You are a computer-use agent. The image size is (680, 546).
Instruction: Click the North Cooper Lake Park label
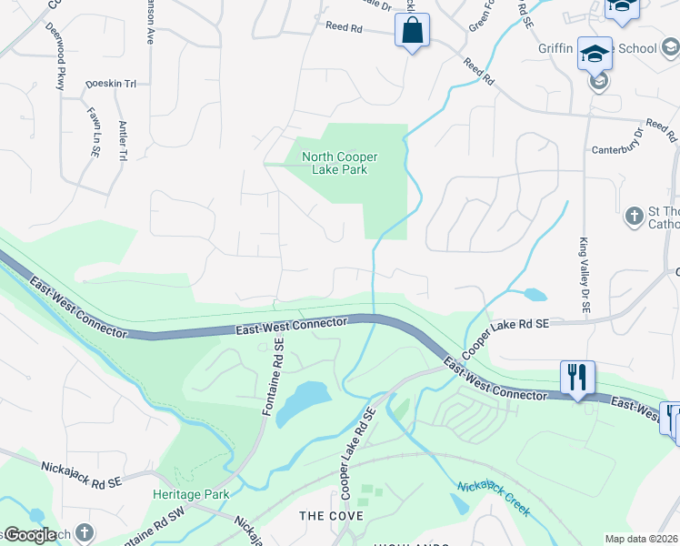tap(339, 163)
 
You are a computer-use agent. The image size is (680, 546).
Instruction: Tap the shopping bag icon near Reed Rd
tap(412, 31)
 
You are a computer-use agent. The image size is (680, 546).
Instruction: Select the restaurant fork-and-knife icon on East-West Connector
tap(577, 377)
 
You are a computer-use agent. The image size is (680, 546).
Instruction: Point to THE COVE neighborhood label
tap(332, 516)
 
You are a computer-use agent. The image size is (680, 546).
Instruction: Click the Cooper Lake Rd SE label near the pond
tap(505, 338)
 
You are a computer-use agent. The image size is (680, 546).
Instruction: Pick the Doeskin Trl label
tap(110, 84)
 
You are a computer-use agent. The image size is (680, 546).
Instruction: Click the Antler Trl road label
tap(121, 141)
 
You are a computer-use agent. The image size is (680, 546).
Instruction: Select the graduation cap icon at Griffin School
tap(595, 54)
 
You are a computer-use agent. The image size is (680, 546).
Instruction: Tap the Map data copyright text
tap(642, 539)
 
